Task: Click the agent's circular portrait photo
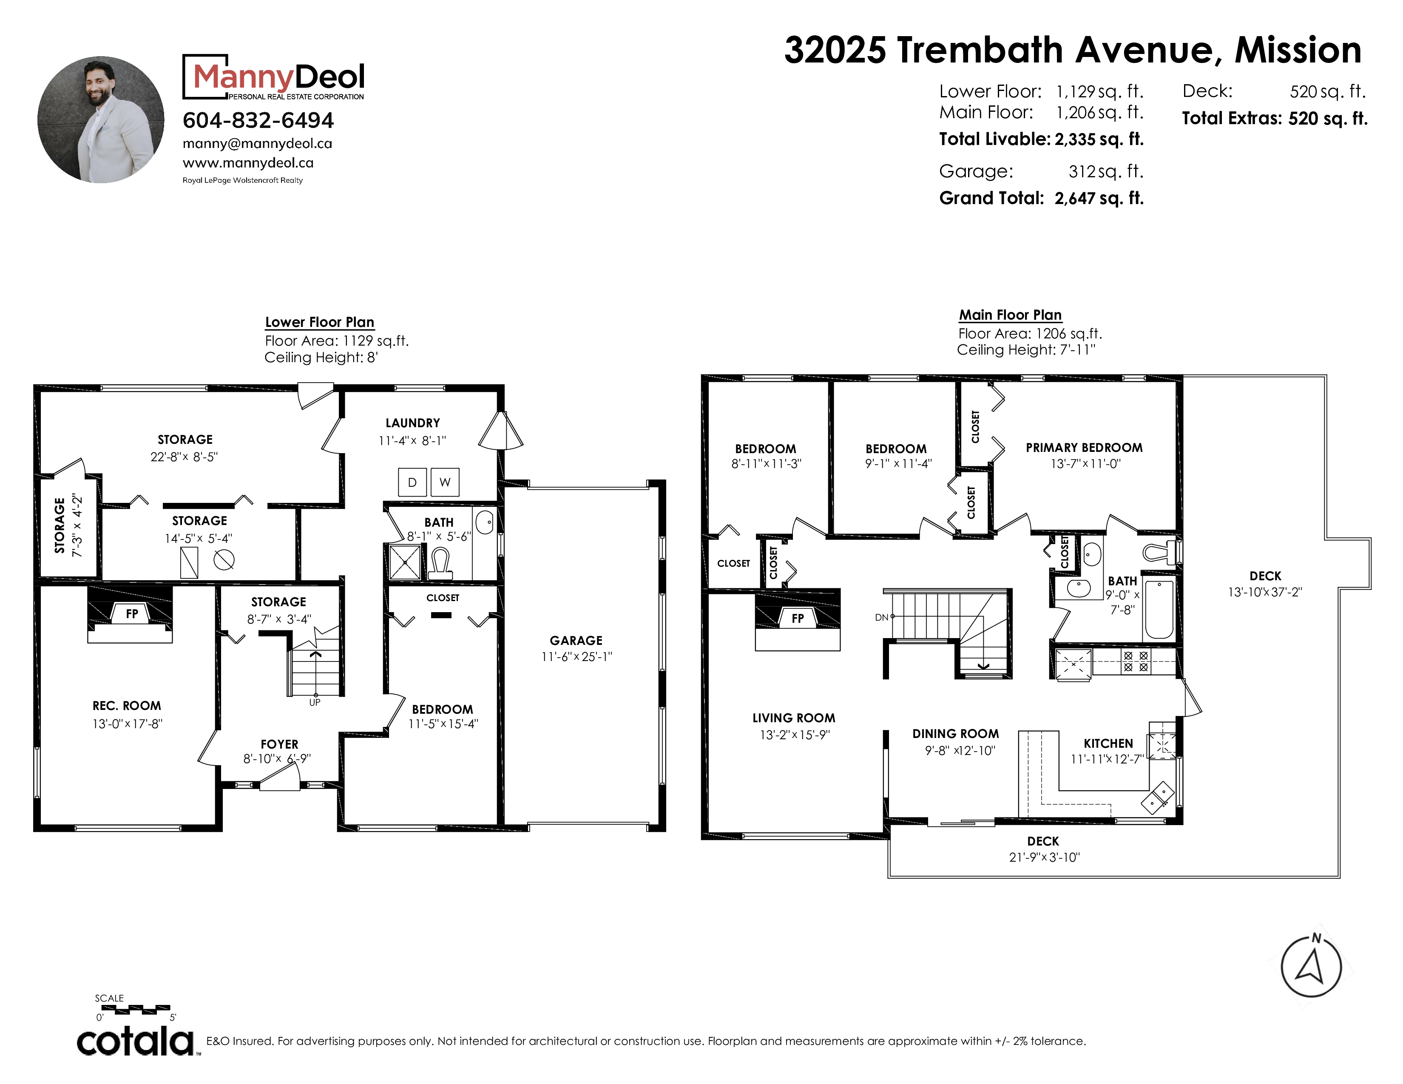[x=101, y=119]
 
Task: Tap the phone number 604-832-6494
[x=258, y=120]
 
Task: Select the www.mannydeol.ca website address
[x=248, y=163]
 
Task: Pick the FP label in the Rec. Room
[x=132, y=614]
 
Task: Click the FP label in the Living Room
[x=797, y=619]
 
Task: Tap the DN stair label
[x=881, y=618]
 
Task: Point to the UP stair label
[x=315, y=703]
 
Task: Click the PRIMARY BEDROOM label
[x=1085, y=448]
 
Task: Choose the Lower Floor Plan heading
[x=320, y=322]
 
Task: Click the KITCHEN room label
[x=1108, y=743]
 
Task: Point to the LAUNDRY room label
[x=412, y=423]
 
